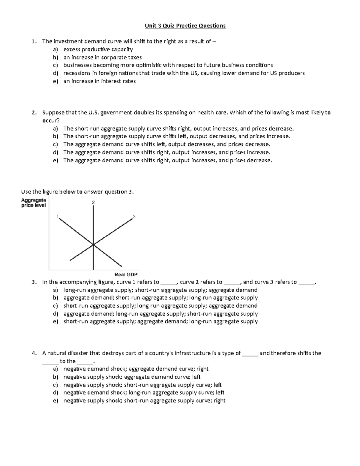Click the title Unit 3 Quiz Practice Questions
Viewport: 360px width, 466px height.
(x=185, y=26)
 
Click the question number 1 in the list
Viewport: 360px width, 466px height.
(x=34, y=42)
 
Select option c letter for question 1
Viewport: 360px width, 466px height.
(x=55, y=65)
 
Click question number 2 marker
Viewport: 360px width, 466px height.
(x=34, y=113)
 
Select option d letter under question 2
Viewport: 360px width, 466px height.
(x=55, y=152)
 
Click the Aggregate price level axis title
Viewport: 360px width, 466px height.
(x=34, y=203)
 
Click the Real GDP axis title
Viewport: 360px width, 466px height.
(x=126, y=275)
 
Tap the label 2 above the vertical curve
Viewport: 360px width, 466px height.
(x=93, y=203)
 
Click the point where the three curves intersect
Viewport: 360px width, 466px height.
(x=93, y=245)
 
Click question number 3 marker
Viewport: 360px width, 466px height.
(x=34, y=282)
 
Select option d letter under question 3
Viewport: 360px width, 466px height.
(x=55, y=314)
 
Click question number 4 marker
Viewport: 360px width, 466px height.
(x=34, y=353)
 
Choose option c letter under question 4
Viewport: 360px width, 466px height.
(x=55, y=385)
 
